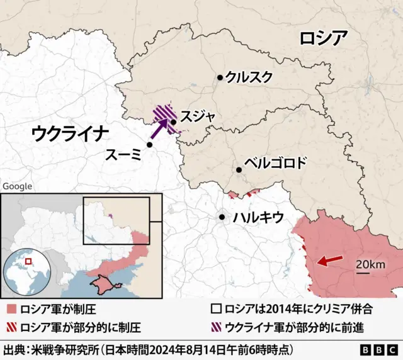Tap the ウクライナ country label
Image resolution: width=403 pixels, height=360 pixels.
70,133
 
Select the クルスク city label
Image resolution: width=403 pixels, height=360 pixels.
249,77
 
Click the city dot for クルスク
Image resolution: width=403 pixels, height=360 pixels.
220,77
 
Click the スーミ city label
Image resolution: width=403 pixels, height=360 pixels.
123,153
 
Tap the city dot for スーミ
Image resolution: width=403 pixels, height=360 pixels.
150,145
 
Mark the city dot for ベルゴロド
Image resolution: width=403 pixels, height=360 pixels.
239,169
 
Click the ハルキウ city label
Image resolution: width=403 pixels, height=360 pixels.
258,218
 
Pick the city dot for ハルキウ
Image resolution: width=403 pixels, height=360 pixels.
222,217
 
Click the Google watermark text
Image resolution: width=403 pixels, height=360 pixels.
18,186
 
